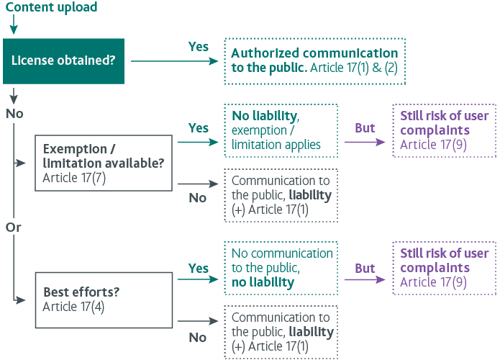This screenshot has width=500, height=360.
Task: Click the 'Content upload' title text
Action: [x=51, y=8]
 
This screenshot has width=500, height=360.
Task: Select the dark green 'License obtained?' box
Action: [x=63, y=61]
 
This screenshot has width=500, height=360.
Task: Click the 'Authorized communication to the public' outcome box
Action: [x=314, y=61]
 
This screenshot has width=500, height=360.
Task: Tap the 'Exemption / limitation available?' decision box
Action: [x=104, y=163]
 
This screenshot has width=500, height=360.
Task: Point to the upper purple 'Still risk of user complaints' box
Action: [x=444, y=130]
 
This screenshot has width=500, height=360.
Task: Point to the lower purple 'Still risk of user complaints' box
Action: [x=444, y=268]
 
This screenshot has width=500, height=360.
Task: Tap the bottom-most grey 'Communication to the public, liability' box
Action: [x=281, y=332]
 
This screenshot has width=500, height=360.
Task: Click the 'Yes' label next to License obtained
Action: [x=198, y=47]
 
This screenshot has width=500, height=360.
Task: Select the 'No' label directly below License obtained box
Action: [x=14, y=113]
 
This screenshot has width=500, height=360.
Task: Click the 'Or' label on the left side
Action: [x=14, y=227]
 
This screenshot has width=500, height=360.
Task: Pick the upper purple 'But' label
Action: [x=365, y=128]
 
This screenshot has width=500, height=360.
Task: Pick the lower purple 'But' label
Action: [x=365, y=268]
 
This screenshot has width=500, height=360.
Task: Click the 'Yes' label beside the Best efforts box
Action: [x=198, y=268]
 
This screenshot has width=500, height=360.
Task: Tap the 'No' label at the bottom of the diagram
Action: [x=197, y=337]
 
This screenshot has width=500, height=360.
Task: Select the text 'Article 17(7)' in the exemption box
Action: [x=74, y=177]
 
